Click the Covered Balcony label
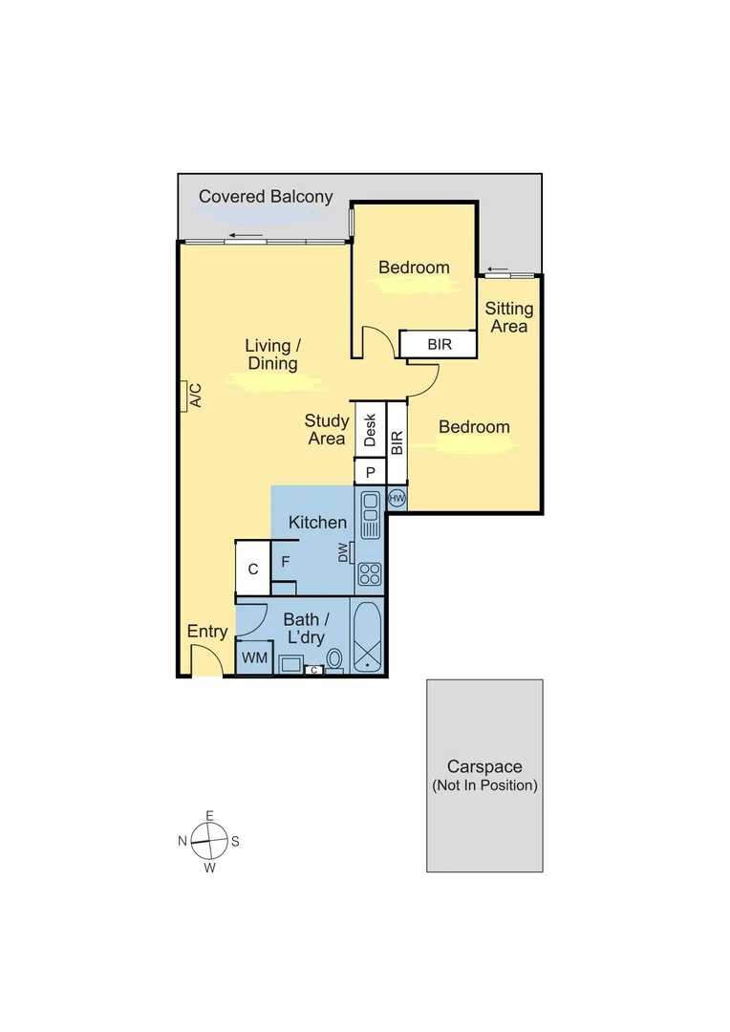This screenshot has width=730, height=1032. click(266, 197)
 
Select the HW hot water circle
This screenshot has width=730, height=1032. click(397, 498)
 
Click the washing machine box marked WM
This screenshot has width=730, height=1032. click(253, 657)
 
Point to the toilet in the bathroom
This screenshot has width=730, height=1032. click(334, 658)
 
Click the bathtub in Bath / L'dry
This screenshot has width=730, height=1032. click(367, 638)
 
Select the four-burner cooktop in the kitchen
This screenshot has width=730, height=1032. click(369, 574)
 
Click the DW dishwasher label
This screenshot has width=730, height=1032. click(343, 552)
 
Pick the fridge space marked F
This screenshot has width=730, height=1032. click(285, 561)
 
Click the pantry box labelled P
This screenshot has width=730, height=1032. click(370, 471)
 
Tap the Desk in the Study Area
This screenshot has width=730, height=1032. click(370, 430)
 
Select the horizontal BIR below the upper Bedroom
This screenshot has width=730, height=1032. click(439, 344)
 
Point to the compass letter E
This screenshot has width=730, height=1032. click(209, 815)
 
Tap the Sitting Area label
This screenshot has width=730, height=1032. click(508, 317)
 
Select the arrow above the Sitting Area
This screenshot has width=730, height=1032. click(497, 269)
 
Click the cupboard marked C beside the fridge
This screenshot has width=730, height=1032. click(253, 569)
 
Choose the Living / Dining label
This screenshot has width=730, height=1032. click(272, 354)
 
